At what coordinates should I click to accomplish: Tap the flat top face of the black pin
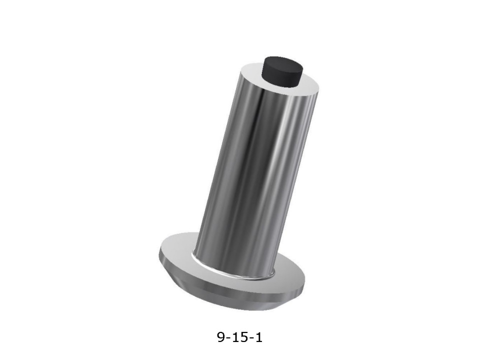[282, 63]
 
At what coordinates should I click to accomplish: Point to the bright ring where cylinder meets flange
[232, 271]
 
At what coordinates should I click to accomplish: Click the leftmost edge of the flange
[159, 252]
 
